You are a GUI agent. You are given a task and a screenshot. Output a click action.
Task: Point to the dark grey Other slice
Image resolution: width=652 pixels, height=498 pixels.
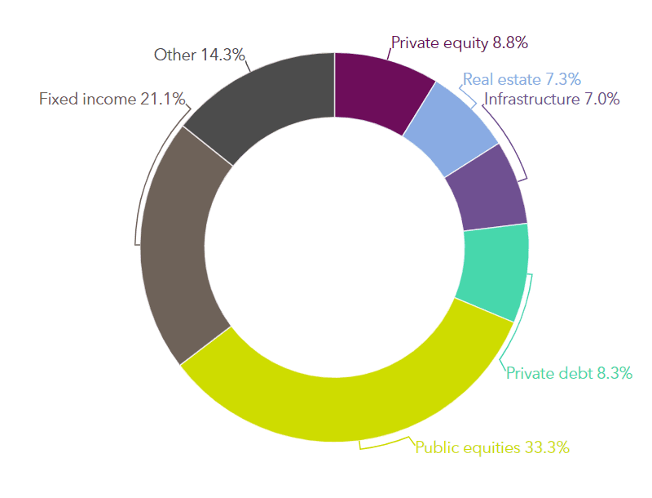[x=267, y=100]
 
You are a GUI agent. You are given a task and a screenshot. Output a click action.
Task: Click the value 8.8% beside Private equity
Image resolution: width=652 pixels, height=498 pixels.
[x=510, y=42]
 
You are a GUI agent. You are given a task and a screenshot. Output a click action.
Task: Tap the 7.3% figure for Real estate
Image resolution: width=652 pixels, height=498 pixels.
[x=563, y=79]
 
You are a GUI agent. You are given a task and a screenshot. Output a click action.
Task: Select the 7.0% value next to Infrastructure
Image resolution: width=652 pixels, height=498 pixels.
[x=602, y=99]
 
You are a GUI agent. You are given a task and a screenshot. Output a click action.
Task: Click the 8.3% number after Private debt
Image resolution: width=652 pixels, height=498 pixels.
[x=615, y=373]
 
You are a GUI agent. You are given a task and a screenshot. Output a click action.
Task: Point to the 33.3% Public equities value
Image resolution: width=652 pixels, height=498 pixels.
[x=547, y=447]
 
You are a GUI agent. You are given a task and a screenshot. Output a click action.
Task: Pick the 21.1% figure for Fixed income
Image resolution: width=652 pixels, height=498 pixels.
[x=162, y=99]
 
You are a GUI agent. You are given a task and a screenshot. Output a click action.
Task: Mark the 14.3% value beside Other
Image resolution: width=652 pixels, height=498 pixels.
[x=222, y=55]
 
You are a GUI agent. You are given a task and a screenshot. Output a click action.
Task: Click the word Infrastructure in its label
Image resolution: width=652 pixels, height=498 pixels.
[x=532, y=99]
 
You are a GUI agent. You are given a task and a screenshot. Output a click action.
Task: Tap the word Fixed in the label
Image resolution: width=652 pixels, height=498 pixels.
[x=59, y=99]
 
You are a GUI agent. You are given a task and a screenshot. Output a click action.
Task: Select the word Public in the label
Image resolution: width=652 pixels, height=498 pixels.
[x=437, y=447]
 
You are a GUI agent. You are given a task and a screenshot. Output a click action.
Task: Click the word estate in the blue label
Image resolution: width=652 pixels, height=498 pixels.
[x=520, y=79]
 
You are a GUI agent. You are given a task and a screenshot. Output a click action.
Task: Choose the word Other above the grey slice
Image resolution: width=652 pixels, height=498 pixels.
[x=175, y=55]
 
